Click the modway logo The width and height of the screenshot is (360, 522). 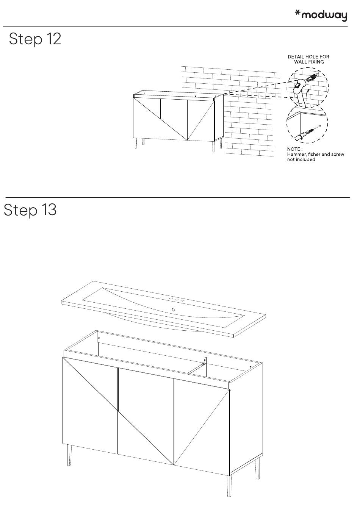pos(321,16)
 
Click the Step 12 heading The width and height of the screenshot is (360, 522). pos(35,39)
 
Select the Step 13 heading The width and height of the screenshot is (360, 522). pos(30,210)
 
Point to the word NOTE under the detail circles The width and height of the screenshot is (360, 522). pos(293,149)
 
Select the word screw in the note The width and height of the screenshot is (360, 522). pos(338,154)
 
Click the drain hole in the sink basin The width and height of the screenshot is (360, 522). pos(173,310)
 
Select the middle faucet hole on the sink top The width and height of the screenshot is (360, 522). pos(177,300)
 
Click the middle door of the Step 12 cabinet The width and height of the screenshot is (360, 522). pos(174,119)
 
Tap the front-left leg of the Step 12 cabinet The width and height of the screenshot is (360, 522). pos(136,143)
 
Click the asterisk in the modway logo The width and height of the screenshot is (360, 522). pos(297,13)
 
